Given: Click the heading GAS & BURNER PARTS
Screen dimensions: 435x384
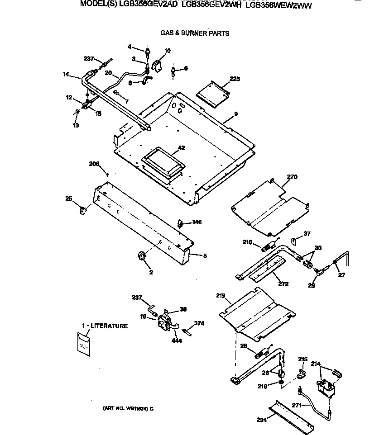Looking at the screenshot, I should click(195, 33).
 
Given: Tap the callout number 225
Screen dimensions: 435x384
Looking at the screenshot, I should click(235, 79).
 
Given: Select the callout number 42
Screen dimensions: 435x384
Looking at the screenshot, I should click(181, 147).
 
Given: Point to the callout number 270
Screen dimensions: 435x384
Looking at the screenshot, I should click(292, 177).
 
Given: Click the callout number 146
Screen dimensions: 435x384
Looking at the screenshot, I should click(197, 222).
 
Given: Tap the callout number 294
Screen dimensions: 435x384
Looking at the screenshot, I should click(261, 419).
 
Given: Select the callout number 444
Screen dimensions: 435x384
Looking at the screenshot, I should click(177, 340).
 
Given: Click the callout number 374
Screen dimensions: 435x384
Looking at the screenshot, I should click(199, 323).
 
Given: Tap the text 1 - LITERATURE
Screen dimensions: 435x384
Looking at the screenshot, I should click(105, 326).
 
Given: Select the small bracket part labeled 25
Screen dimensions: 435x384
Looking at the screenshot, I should click(83, 210).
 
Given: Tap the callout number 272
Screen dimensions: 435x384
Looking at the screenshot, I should click(284, 284).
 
